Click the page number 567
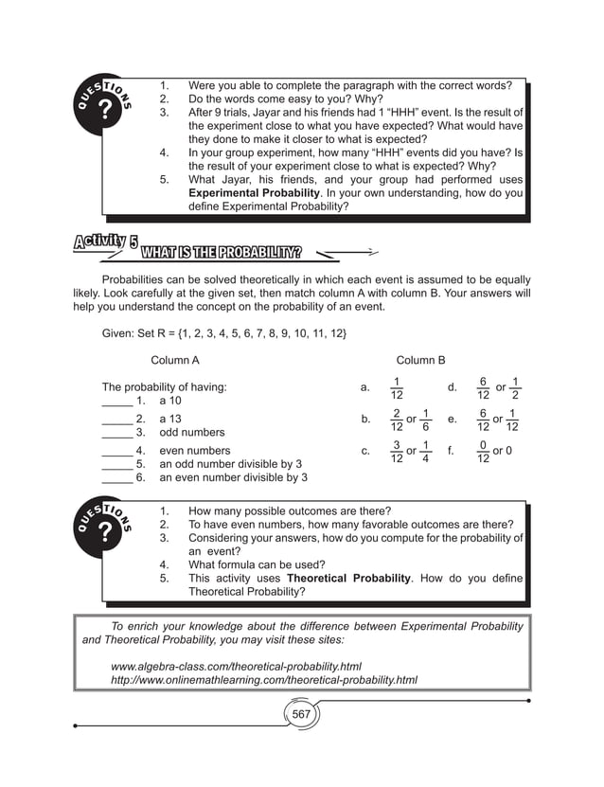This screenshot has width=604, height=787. point(301,713)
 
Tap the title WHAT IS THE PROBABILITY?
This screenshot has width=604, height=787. point(221,253)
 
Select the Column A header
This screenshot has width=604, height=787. point(175,360)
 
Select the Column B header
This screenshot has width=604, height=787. point(420,360)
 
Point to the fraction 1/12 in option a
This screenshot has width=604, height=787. point(397,387)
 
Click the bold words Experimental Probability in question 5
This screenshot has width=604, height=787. point(254,192)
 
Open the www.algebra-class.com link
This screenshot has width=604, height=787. point(236,666)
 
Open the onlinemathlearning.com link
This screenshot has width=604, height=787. point(264,680)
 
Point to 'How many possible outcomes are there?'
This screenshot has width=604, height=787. point(290,510)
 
